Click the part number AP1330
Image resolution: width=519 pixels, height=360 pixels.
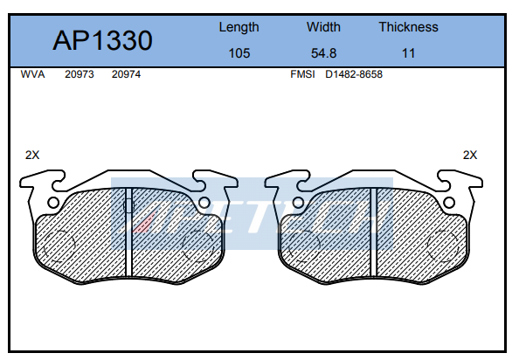pos(102,40)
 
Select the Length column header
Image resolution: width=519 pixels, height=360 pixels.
pos(239,27)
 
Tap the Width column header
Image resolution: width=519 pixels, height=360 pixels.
pos(323,27)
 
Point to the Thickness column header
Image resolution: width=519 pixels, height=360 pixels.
pos(408,27)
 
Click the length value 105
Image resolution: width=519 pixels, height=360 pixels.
pos(239,53)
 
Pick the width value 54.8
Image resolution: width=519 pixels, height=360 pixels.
pos(323,53)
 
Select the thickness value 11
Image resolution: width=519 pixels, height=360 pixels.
pos(408,53)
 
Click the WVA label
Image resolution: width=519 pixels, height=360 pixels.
pos(32,74)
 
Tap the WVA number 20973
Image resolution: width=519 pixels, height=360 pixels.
pos(80,74)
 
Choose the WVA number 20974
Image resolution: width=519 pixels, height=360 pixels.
pos(126,74)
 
